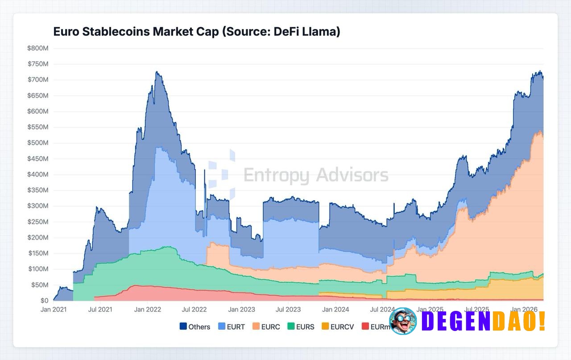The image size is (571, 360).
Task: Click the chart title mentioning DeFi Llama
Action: point(197,32)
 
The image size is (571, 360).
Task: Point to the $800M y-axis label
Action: point(37,48)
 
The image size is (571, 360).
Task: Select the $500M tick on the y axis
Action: point(37,143)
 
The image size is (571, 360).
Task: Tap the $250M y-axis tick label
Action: point(37,222)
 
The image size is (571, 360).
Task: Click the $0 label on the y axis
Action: point(44,301)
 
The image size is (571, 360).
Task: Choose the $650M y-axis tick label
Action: point(37,95)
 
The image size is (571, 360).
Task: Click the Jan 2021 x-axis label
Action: point(53,309)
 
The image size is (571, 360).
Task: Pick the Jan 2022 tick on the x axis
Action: point(147,309)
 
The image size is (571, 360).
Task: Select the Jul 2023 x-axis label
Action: point(289,309)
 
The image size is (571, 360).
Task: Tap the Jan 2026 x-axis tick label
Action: point(524,309)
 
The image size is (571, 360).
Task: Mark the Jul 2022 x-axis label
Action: point(194,309)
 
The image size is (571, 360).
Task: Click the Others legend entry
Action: point(194,327)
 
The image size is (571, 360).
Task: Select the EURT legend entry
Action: point(232,327)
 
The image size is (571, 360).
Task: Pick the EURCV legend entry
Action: point(338,327)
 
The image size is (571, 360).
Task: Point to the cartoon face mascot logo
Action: point(403,321)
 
